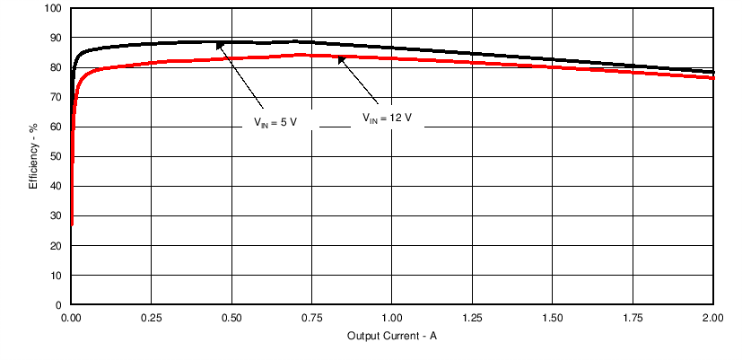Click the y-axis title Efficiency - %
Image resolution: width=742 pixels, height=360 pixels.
pos(33,156)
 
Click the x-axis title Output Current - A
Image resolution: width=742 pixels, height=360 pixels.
pos(392,336)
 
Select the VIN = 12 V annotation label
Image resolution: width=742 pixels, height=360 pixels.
pos(387,118)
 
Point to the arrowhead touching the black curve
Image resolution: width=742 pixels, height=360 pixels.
pos(220,44)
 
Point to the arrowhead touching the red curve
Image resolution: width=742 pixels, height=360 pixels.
pos(341,60)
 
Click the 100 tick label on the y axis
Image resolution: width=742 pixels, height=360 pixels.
pos(53,9)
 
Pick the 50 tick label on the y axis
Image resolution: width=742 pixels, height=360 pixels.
pos(56,157)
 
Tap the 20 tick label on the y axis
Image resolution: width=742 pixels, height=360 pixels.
pos(56,246)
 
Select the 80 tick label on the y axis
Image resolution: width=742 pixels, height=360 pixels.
pos(56,68)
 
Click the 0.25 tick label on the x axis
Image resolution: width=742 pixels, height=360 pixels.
pos(152,319)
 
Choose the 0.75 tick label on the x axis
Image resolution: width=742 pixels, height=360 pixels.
pos(312,319)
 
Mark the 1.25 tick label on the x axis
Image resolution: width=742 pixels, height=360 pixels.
pos(473,319)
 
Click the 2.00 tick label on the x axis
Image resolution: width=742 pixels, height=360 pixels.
pos(713,319)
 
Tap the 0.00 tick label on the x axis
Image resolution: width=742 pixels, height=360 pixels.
pos(72,319)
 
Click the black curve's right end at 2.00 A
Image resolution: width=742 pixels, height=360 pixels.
pos(712,72)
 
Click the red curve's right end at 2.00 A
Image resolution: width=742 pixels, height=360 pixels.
pos(712,77)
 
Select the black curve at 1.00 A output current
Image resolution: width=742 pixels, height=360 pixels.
pos(393,48)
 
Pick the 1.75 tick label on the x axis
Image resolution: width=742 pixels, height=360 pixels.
pos(633,319)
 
